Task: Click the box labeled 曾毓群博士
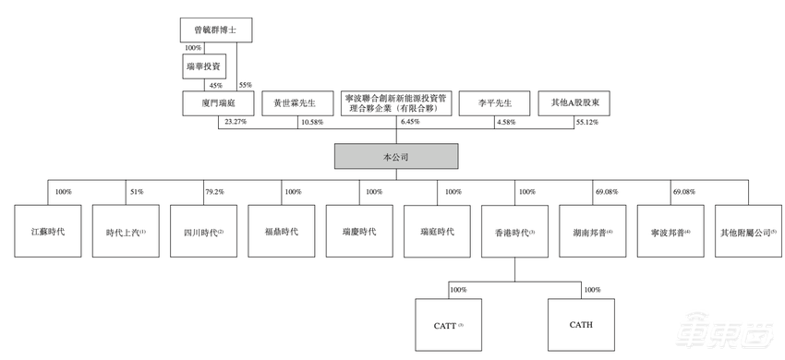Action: tap(214, 30)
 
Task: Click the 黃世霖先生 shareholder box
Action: tap(295, 102)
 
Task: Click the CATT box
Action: tap(448, 324)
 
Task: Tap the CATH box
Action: tap(581, 324)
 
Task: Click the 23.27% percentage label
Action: tap(234, 123)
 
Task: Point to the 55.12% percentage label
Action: tap(587, 123)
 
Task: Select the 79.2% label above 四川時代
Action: tap(214, 192)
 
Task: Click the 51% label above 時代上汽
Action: tap(137, 192)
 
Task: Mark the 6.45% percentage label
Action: tap(411, 123)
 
